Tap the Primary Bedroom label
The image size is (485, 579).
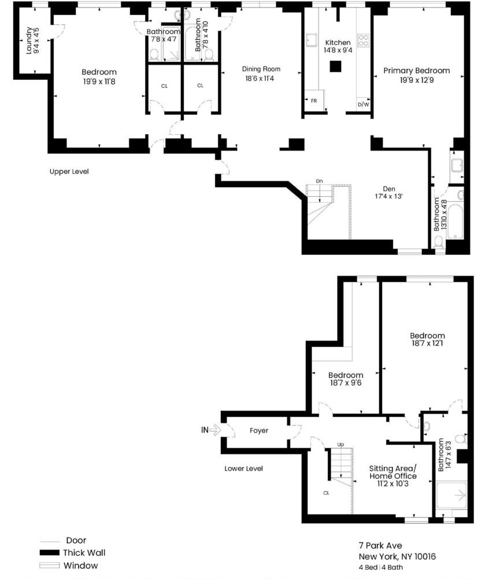click(x=416, y=71)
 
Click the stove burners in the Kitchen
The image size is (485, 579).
click(x=364, y=40)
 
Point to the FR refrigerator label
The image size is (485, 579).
click(x=314, y=101)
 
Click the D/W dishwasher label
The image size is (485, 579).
click(x=363, y=105)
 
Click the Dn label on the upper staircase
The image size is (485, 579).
click(x=319, y=181)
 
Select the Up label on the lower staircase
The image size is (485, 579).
click(x=340, y=445)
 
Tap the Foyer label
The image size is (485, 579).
click(x=259, y=431)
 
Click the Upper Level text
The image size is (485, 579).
click(x=69, y=172)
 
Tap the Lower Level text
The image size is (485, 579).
click(x=243, y=468)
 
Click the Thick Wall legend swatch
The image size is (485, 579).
click(x=51, y=553)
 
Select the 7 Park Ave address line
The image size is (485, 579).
click(x=380, y=545)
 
